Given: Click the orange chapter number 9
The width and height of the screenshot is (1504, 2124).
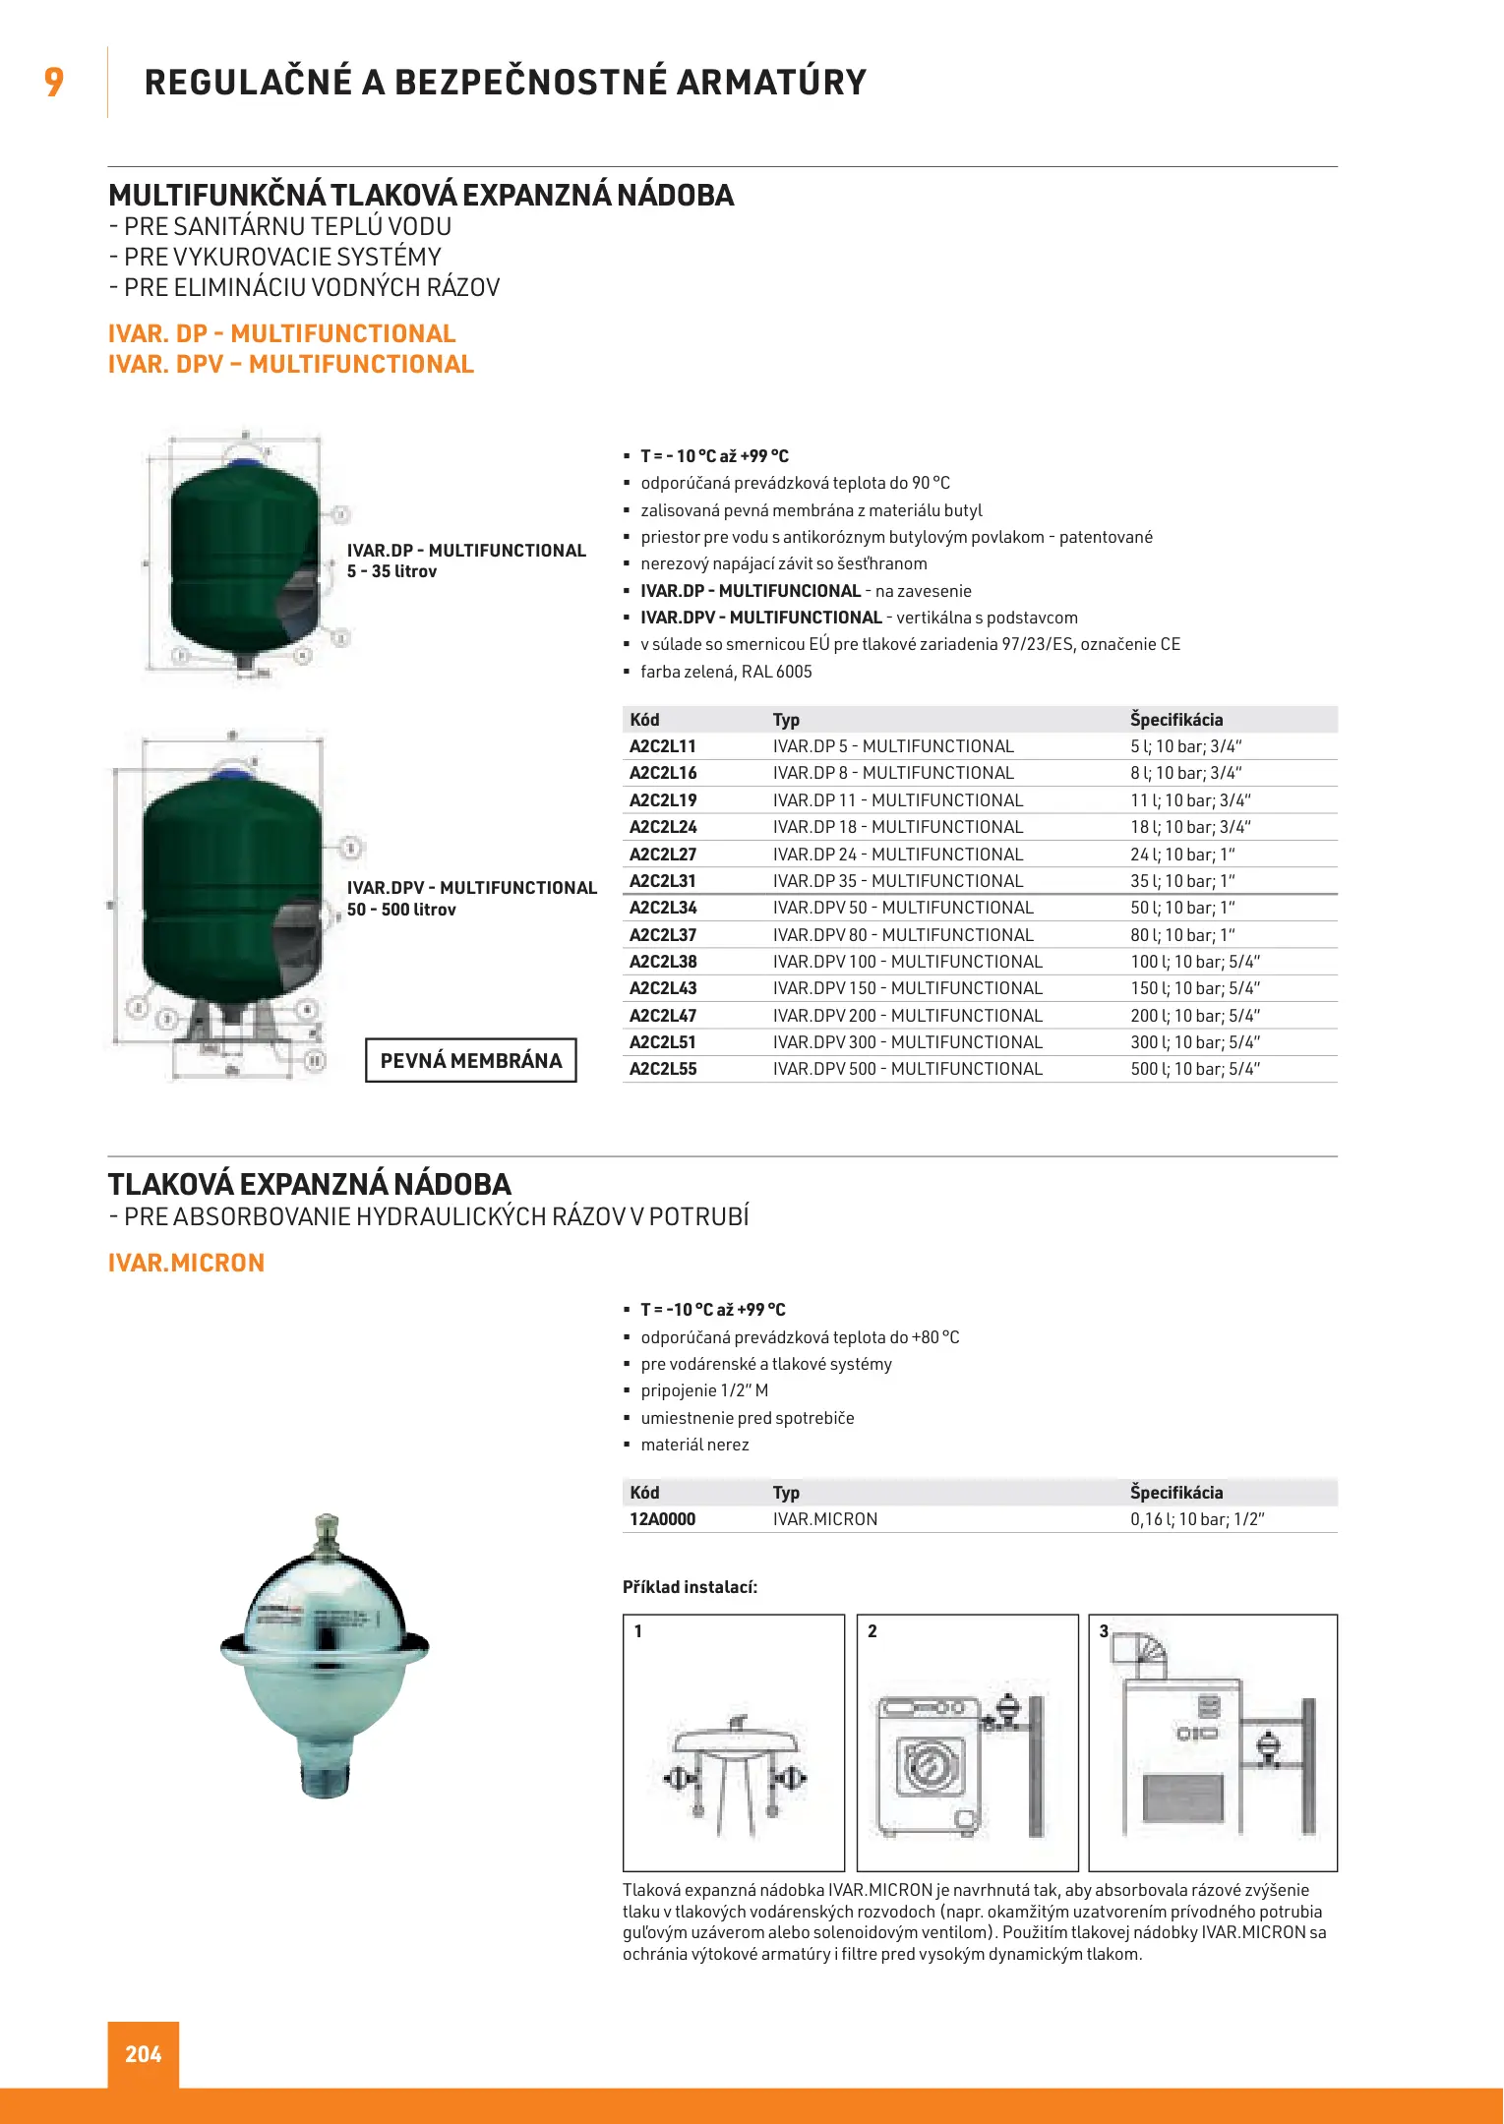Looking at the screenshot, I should coord(54,82).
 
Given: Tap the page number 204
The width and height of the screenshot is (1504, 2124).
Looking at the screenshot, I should coord(144,2053).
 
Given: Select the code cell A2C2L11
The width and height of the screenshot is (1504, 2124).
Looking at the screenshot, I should coord(662,746).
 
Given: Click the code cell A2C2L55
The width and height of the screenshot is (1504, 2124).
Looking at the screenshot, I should coord(662,1069).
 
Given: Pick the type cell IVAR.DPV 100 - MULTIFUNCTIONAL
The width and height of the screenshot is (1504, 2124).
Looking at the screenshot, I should coord(907,962).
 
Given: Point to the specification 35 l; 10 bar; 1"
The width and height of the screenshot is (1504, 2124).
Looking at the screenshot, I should coord(1182,881).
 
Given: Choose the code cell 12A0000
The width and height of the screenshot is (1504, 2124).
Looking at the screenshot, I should coord(662,1519).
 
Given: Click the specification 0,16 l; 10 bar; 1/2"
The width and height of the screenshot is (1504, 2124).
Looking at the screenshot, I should coord(1197,1519).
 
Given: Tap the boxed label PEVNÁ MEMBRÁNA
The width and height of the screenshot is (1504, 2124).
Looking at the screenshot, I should coord(471,1061).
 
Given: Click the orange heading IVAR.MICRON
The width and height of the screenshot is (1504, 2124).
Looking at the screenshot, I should coord(186,1263).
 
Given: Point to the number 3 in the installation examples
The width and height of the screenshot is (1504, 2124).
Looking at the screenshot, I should coord(1104,1631).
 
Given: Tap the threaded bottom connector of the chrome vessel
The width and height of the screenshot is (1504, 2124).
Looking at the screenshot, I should coord(325,1775).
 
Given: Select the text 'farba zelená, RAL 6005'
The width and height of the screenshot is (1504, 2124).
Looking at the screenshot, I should coord(726,672).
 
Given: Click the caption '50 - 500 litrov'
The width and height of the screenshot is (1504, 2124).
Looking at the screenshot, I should coord(401,910).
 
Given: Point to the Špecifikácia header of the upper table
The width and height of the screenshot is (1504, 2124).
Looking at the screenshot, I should coord(1176,720).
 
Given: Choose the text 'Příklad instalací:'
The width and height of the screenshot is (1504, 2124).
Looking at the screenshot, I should coord(690,1587).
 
